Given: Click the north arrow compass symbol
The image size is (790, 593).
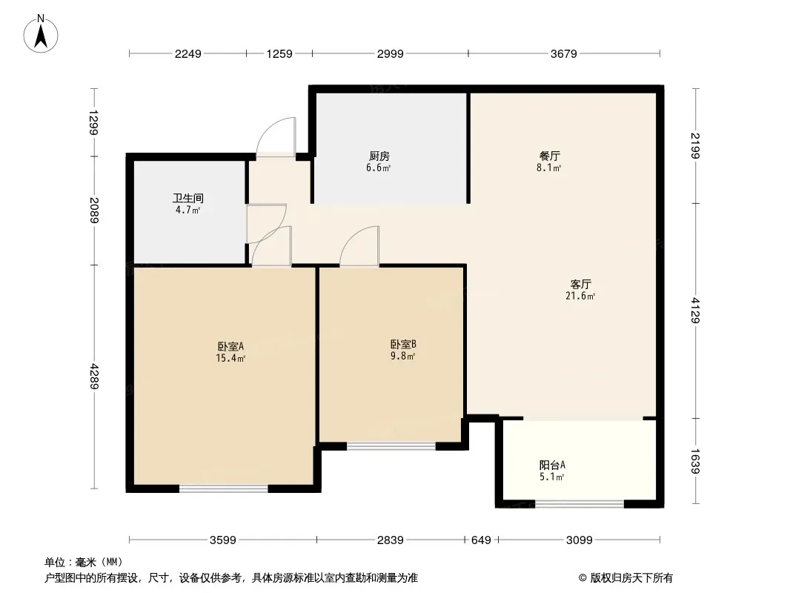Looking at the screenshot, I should pyautogui.click(x=42, y=33).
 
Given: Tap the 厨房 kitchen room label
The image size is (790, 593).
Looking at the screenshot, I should pyautogui.click(x=379, y=156).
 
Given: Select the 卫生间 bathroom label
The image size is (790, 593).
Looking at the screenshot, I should pyautogui.click(x=188, y=199).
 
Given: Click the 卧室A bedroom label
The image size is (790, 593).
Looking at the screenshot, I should pyautogui.click(x=230, y=346).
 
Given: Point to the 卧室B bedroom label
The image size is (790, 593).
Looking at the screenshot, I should pyautogui.click(x=403, y=344).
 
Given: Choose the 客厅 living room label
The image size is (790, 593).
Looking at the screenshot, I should pyautogui.click(x=580, y=284).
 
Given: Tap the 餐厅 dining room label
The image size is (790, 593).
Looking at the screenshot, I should pyautogui.click(x=549, y=156).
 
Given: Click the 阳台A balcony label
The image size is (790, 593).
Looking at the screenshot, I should pyautogui.click(x=552, y=466).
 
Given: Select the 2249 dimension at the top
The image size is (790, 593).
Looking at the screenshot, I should pyautogui.click(x=187, y=53).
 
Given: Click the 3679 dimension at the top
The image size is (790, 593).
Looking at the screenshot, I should pyautogui.click(x=564, y=53).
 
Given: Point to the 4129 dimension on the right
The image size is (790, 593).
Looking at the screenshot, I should pyautogui.click(x=695, y=311).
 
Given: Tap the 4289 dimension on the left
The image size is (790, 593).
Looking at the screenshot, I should pyautogui.click(x=93, y=376).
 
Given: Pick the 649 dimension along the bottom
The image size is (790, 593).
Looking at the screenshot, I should pyautogui.click(x=481, y=540).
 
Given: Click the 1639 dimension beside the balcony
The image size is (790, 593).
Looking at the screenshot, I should pyautogui.click(x=695, y=460).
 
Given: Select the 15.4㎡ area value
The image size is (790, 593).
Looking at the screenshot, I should pyautogui.click(x=230, y=358).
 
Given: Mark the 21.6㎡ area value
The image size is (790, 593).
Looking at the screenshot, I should pyautogui.click(x=580, y=296).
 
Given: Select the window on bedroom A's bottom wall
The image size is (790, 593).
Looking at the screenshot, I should pyautogui.click(x=223, y=488).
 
